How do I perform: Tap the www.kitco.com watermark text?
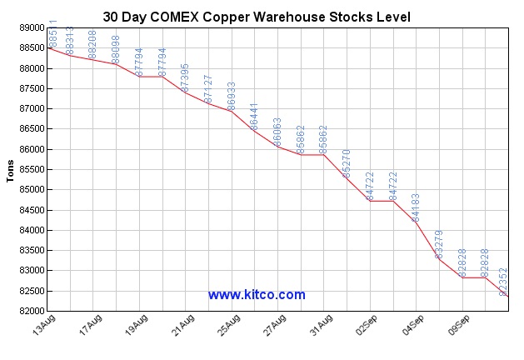[x=257, y=295]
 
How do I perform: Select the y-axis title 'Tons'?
[x=11, y=169]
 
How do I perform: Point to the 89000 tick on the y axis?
[x=31, y=27]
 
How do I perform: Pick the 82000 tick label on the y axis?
[x=31, y=311]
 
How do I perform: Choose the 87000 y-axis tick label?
[x=31, y=108]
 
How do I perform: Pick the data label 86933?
[x=232, y=97]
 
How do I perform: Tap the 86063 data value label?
[x=277, y=132]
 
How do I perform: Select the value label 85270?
[x=347, y=163]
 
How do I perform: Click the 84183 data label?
[x=416, y=207]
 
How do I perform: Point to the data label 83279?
[x=439, y=244]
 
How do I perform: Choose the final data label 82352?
[x=503, y=282]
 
